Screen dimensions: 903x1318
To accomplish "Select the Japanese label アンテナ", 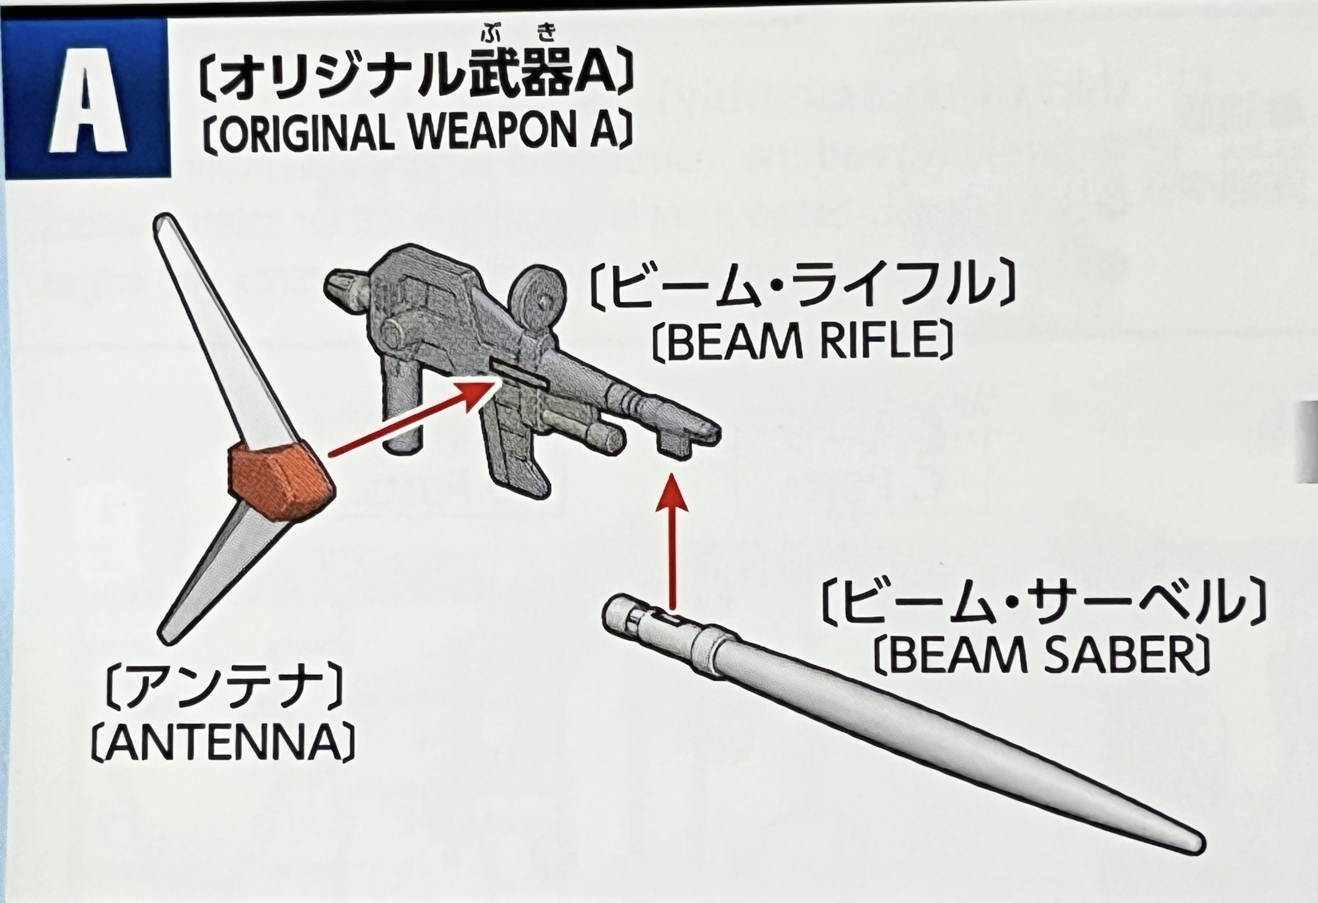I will (224, 691).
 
